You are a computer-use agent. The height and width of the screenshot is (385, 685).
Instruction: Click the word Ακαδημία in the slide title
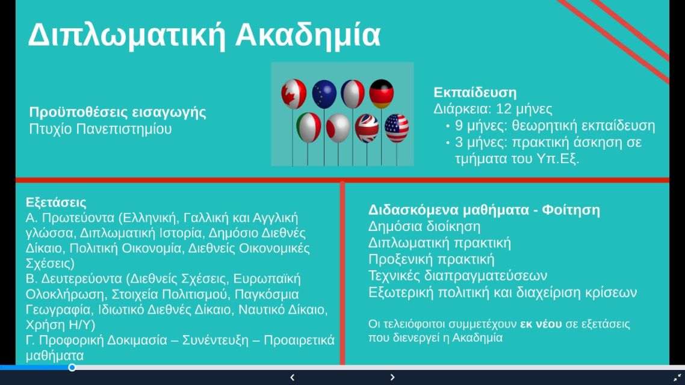308,34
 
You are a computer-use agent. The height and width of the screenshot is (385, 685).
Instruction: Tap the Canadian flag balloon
294,93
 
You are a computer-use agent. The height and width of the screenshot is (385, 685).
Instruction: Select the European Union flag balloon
324,94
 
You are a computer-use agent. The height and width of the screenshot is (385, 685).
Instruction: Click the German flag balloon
382,93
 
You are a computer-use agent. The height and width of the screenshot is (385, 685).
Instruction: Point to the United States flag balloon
397,128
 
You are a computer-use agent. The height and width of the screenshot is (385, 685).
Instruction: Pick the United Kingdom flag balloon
367,128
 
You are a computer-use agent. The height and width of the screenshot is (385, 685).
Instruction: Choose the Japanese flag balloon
338,128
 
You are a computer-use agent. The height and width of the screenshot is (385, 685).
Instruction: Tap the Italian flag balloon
308,128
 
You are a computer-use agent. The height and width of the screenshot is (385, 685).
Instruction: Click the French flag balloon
353,94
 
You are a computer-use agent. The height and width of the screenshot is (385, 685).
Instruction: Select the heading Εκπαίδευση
475,92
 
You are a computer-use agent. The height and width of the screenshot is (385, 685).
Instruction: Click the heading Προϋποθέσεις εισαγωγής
117,112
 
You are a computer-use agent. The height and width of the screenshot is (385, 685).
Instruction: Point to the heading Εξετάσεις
56,202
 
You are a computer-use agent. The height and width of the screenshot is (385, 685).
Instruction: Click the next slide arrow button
392,377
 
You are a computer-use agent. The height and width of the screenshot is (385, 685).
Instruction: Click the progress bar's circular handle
72,368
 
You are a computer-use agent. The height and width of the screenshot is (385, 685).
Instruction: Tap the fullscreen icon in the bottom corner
678,377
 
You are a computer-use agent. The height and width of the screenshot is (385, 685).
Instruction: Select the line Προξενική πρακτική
431,259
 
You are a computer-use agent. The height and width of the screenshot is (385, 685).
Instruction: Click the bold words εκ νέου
541,324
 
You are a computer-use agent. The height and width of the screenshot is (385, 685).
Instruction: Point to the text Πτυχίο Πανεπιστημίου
101,129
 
